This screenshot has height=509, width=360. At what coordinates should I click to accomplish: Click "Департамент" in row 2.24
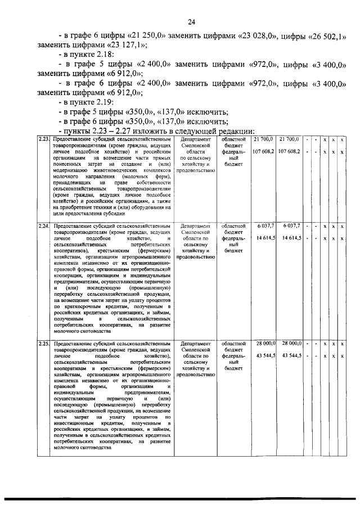point(196,226)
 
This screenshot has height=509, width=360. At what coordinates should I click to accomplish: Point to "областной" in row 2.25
point(232,343)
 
